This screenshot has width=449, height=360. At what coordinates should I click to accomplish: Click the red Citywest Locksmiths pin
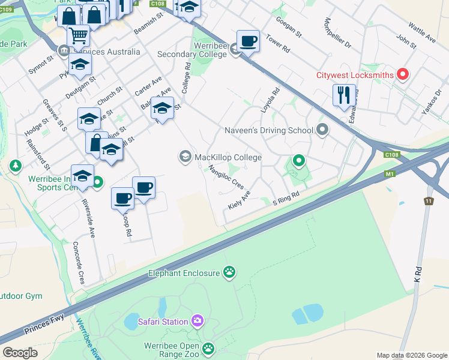tap(403, 75)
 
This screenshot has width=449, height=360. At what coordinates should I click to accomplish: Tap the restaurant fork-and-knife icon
tap(344, 94)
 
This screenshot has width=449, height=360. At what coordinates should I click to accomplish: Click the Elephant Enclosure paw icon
tap(229, 273)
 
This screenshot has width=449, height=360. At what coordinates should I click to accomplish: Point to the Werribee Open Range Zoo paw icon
tap(208, 348)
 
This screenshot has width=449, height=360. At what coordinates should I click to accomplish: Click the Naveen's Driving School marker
tap(323, 130)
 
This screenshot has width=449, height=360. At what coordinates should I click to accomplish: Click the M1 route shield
tap(391, 174)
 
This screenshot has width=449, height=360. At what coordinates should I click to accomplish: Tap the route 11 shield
tap(428, 201)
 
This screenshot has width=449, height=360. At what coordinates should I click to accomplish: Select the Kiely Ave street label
tap(239, 200)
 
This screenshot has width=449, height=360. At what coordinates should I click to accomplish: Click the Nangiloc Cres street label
tap(226, 177)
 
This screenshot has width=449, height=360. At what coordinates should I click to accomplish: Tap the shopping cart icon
tap(78, 35)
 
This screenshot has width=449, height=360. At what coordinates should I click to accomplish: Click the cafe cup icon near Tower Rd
tap(248, 41)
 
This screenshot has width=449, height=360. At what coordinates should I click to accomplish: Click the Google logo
tap(20, 353)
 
